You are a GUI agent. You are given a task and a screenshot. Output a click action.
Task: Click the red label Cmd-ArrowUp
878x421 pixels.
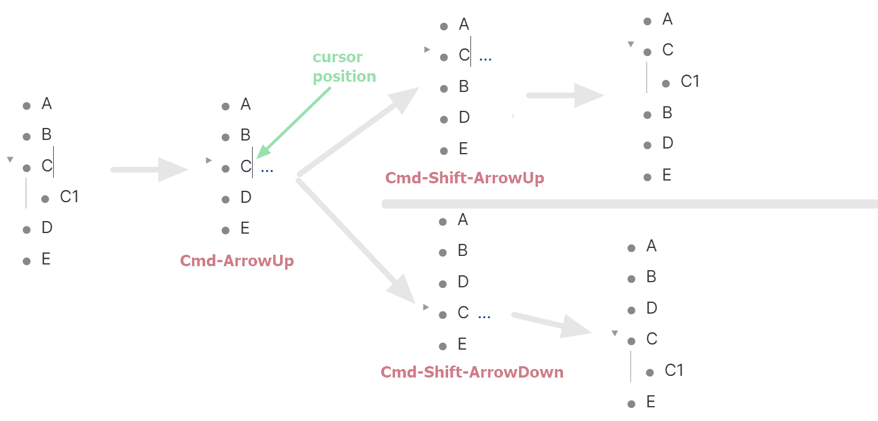click(237, 261)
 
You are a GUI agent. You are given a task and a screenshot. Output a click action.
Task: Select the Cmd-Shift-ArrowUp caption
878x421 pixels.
click(465, 178)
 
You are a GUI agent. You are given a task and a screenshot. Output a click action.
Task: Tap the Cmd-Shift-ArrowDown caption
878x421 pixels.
click(472, 372)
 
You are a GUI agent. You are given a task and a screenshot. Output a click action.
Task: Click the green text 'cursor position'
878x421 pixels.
click(344, 67)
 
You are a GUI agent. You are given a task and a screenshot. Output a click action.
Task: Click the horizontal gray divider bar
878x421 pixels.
click(629, 204)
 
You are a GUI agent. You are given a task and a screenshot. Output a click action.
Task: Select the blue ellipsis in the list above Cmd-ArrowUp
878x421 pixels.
click(266, 170)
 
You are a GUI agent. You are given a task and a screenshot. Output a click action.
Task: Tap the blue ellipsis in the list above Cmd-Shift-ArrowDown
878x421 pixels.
click(484, 316)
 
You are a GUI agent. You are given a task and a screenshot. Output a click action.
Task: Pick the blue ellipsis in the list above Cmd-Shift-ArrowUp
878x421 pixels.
click(485, 58)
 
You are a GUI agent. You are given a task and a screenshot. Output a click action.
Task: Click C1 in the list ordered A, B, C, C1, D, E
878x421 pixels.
click(69, 197)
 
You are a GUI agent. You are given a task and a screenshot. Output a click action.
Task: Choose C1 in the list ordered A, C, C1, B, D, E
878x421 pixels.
click(690, 82)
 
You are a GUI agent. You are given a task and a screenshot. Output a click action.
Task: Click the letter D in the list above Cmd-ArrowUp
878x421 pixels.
click(246, 198)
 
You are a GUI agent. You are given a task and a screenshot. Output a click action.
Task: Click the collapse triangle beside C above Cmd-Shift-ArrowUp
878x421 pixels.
click(426, 50)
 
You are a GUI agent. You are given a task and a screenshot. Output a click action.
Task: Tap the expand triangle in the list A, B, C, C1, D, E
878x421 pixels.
click(10, 160)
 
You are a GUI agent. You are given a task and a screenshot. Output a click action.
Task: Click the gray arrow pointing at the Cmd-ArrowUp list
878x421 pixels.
click(150, 170)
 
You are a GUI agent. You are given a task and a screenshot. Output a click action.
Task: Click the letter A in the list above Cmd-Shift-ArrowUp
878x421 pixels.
click(464, 25)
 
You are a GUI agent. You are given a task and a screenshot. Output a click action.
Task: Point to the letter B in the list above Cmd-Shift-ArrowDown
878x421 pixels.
click(462, 250)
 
